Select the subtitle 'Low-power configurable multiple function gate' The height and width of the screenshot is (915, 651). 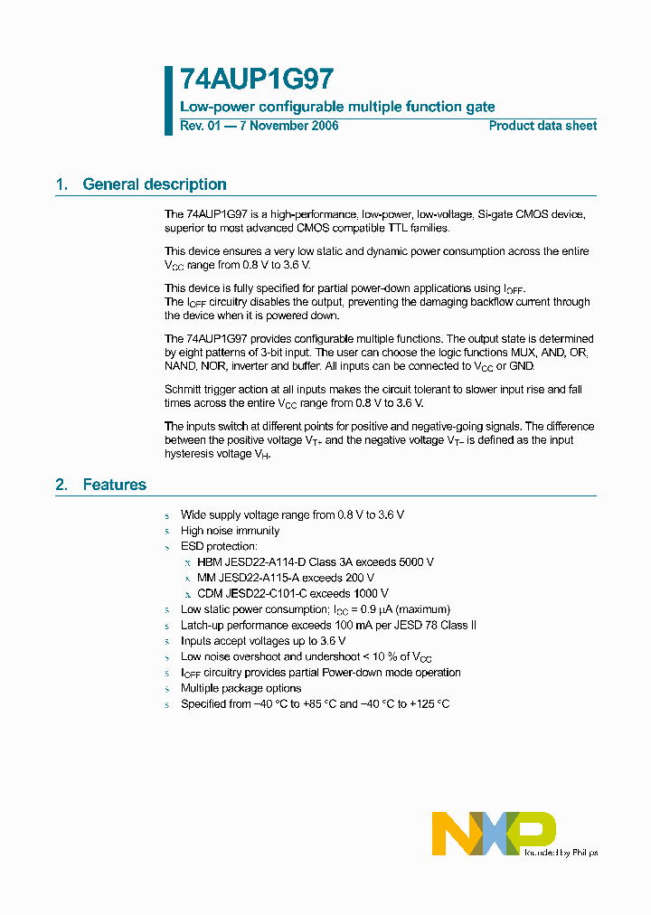pyautogui.click(x=337, y=107)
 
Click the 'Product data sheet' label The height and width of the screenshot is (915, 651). pyautogui.click(x=542, y=126)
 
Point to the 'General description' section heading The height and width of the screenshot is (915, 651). pyautogui.click(x=154, y=184)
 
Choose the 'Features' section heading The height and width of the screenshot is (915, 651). pyautogui.click(x=114, y=485)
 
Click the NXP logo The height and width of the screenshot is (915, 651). pyautogui.click(x=494, y=832)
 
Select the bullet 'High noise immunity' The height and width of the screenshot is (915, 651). pyautogui.click(x=230, y=531)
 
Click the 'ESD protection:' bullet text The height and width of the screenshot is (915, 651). pyautogui.click(x=219, y=546)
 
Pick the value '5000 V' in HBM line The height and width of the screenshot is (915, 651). pyautogui.click(x=414, y=562)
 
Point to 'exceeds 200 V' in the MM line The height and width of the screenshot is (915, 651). pyautogui.click(x=338, y=578)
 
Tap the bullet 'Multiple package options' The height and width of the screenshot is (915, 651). pyautogui.click(x=241, y=688)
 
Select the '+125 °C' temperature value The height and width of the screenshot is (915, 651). pyautogui.click(x=429, y=704)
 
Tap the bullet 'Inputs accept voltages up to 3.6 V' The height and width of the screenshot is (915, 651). pyautogui.click(x=262, y=641)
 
